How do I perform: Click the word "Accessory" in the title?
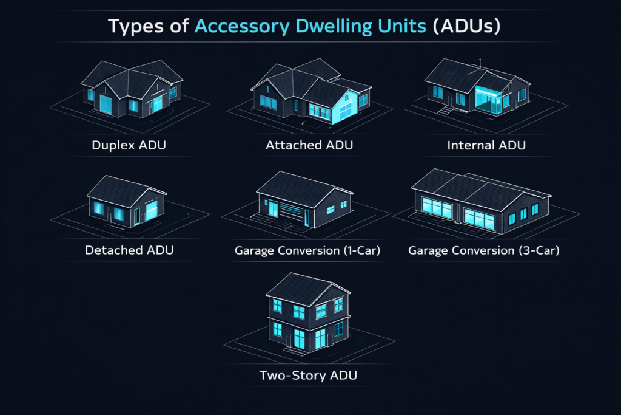(237, 27)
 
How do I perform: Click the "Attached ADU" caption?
(309, 146)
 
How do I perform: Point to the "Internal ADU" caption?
(486, 146)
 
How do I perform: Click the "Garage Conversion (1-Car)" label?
(307, 250)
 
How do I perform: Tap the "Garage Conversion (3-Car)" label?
(483, 250)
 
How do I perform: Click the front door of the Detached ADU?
(137, 214)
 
